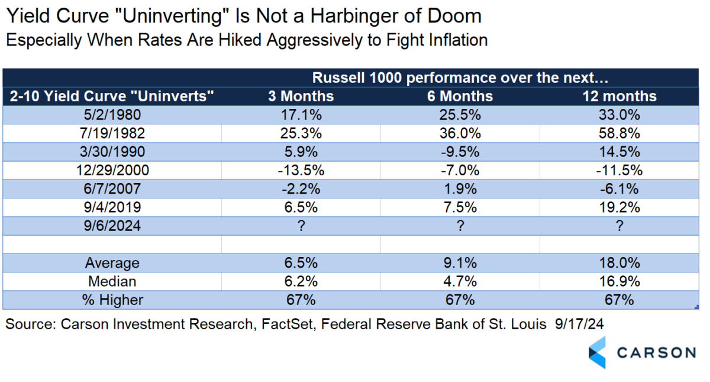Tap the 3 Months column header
point(301,96)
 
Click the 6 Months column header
point(460,96)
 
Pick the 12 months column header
point(619,96)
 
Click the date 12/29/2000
point(112,171)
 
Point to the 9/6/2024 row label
point(112,226)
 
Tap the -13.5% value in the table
point(301,171)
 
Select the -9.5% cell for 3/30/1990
point(460,152)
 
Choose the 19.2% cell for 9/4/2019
point(619,207)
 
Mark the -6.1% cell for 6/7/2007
point(619,189)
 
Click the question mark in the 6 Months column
point(460,226)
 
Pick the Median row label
point(112,281)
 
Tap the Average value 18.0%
point(619,263)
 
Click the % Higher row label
point(112,300)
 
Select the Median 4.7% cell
point(460,281)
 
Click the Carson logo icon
point(597,352)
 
